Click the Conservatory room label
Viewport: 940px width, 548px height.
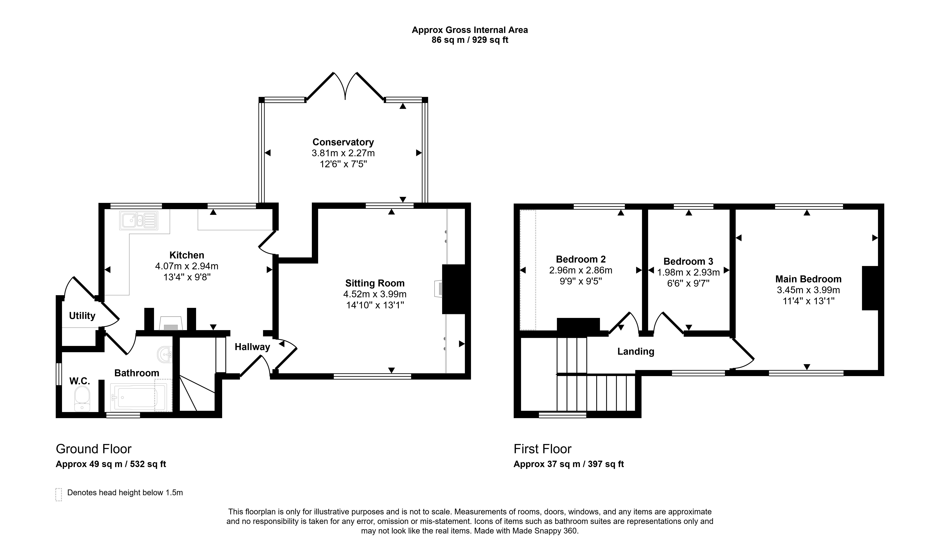(x=343, y=142)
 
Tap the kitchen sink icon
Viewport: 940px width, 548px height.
(x=138, y=220)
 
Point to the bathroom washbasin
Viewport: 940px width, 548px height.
(x=165, y=355)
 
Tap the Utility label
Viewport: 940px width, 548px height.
(x=82, y=316)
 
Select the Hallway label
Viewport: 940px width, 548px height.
(x=252, y=347)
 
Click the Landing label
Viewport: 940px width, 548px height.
(x=636, y=352)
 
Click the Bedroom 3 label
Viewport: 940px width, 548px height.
(x=688, y=261)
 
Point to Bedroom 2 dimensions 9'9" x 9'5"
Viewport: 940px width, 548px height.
(x=581, y=281)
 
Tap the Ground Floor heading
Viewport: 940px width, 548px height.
(x=94, y=449)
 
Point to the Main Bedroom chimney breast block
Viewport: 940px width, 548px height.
(x=870, y=288)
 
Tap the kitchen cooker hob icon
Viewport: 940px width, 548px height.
(x=171, y=324)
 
